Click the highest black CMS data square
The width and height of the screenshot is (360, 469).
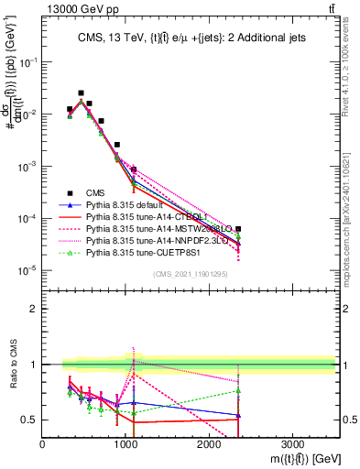click(x=81, y=93)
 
